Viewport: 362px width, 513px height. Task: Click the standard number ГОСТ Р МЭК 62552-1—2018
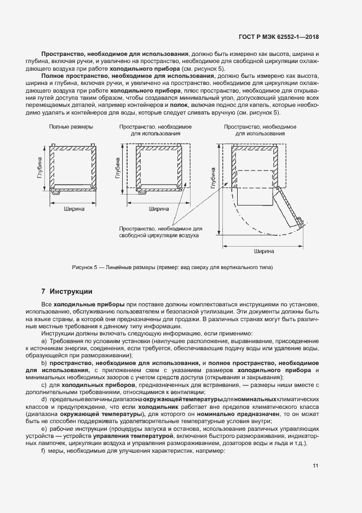(279, 37)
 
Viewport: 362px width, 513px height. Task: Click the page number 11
(315, 466)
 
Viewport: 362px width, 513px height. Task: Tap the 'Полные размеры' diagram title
(71, 127)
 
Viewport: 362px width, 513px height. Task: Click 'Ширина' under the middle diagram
(159, 208)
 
